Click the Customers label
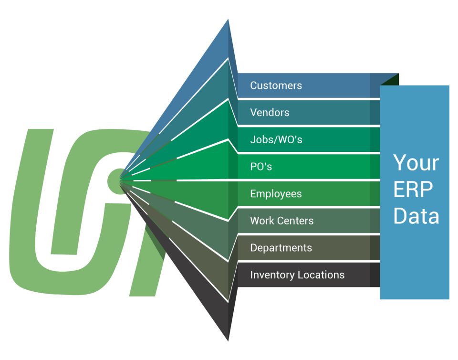point(276,86)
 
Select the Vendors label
point(270,113)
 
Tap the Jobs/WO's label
point(276,140)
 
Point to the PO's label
point(261,167)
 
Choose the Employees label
point(276,194)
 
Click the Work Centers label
point(281,221)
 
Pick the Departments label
point(281,248)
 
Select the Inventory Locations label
point(297,275)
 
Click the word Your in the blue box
point(416,163)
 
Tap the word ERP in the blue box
point(413,190)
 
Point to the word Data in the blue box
point(416,216)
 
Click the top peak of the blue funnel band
point(229,20)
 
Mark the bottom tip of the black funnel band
point(228,340)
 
